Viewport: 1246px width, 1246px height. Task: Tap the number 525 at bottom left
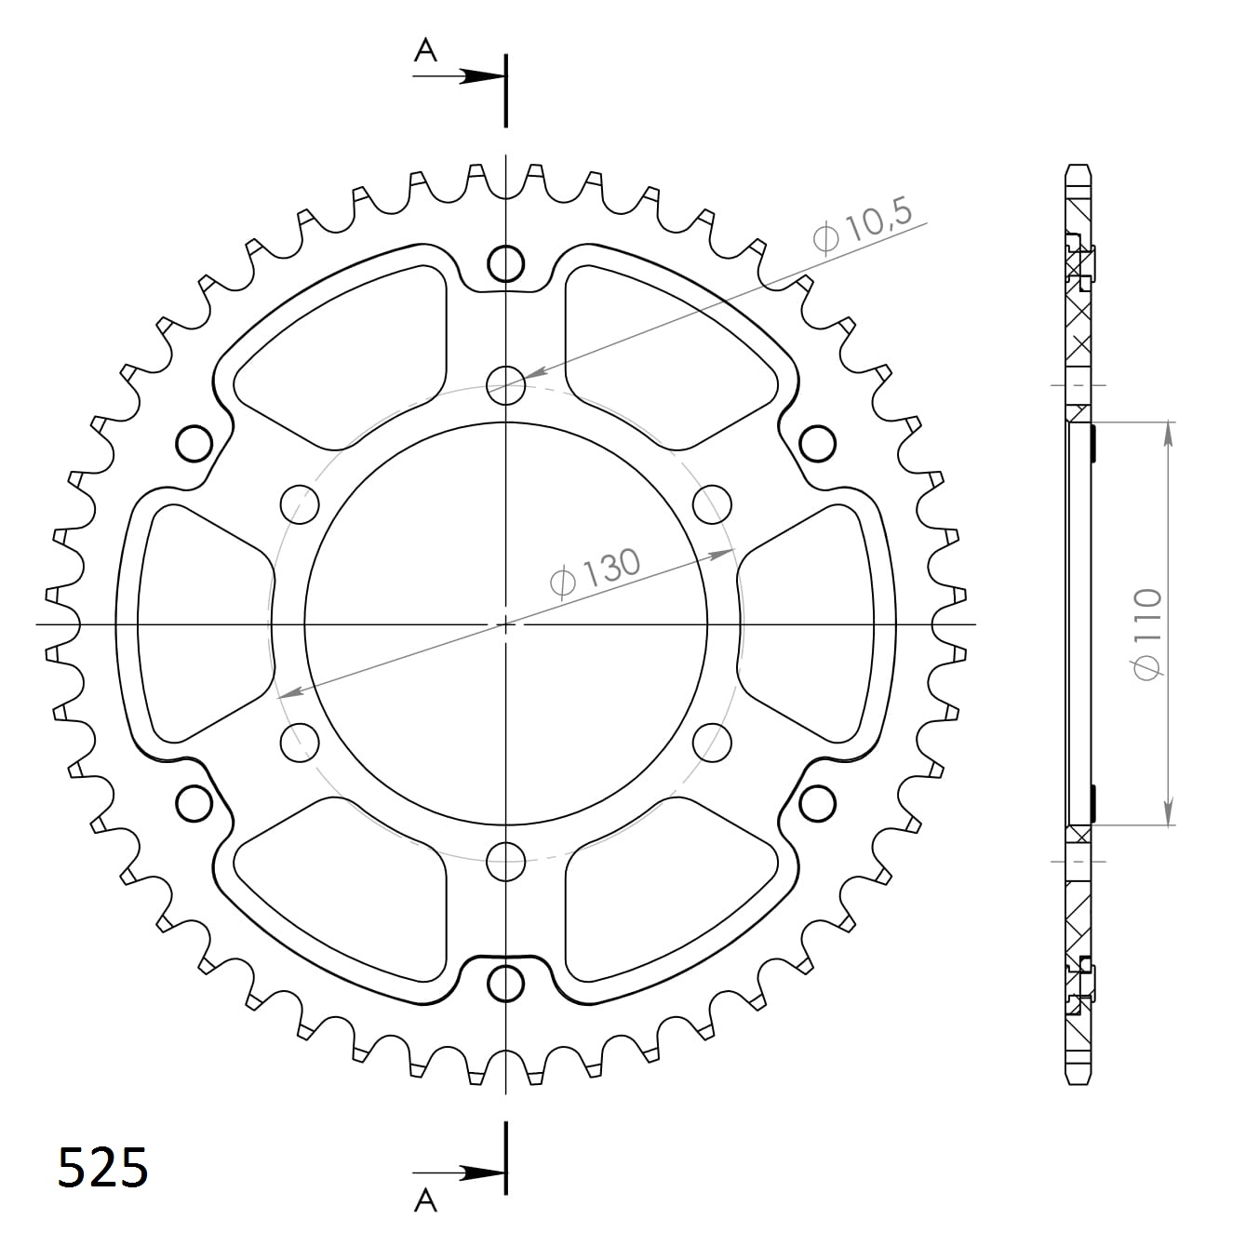click(102, 1168)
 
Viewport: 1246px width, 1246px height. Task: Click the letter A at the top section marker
click(425, 51)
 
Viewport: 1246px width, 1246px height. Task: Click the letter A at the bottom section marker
click(425, 1201)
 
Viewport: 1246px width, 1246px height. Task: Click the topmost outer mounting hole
click(505, 264)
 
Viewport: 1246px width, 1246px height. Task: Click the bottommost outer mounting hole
click(505, 983)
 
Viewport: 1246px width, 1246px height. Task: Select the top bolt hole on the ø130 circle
click(505, 384)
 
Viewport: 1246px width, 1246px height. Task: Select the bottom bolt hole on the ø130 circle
click(505, 862)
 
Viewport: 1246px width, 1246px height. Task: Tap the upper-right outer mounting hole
click(817, 443)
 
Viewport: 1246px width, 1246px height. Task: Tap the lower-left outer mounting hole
click(194, 803)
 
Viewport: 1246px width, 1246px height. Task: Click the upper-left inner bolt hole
click(299, 503)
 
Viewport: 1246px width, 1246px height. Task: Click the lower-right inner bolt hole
click(713, 742)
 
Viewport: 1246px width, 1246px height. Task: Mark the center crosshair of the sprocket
click(505, 623)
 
